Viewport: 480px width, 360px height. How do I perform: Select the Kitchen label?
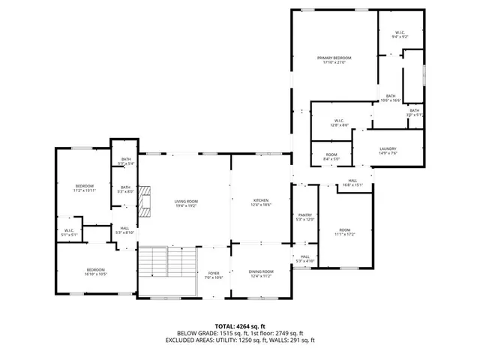(x=260, y=200)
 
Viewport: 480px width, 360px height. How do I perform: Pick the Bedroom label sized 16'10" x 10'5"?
(x=95, y=270)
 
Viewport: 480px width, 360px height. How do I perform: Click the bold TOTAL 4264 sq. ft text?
(x=239, y=325)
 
